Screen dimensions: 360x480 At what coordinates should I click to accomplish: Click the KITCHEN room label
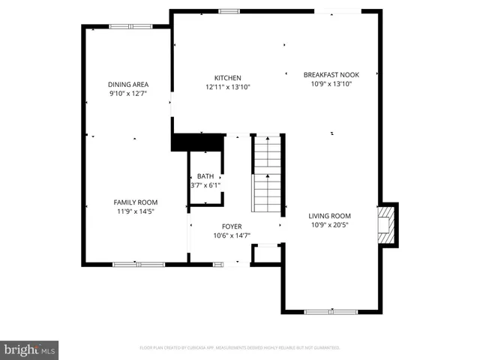227,78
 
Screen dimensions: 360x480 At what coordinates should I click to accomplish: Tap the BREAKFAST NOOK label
331,75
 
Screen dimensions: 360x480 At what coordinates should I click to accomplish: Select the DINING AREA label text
128,85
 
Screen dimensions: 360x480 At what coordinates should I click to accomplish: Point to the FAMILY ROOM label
136,202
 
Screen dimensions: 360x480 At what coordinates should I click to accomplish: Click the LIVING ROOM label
330,216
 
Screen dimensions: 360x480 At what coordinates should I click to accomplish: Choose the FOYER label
231,226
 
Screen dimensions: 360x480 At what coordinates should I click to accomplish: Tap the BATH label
205,176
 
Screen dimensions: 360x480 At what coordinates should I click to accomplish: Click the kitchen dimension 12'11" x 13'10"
227,87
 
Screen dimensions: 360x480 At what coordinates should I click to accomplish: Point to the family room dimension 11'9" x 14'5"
136,211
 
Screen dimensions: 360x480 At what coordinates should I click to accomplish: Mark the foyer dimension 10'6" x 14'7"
231,235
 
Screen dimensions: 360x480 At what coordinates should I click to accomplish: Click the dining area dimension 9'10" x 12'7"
128,94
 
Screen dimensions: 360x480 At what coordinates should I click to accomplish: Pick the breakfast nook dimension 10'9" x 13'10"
331,84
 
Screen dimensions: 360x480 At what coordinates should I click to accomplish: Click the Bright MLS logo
29,349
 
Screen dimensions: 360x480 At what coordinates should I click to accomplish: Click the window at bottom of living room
330,310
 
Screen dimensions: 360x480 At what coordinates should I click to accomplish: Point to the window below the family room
139,263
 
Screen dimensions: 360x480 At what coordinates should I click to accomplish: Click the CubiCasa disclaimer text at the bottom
240,348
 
